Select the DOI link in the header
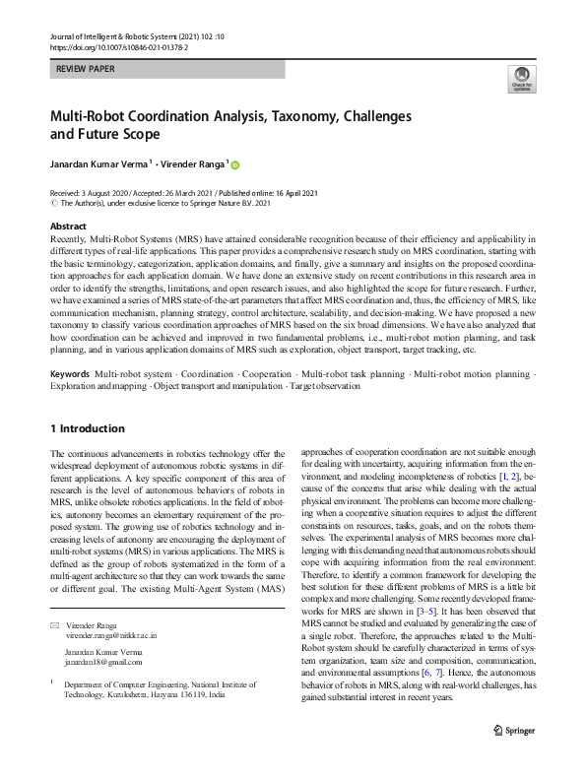[x=118, y=47]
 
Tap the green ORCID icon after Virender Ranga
[x=235, y=164]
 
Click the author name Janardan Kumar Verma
[x=98, y=164]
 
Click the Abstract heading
[x=68, y=227]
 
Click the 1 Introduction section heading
[x=88, y=428]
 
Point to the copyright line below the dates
[x=164, y=204]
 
